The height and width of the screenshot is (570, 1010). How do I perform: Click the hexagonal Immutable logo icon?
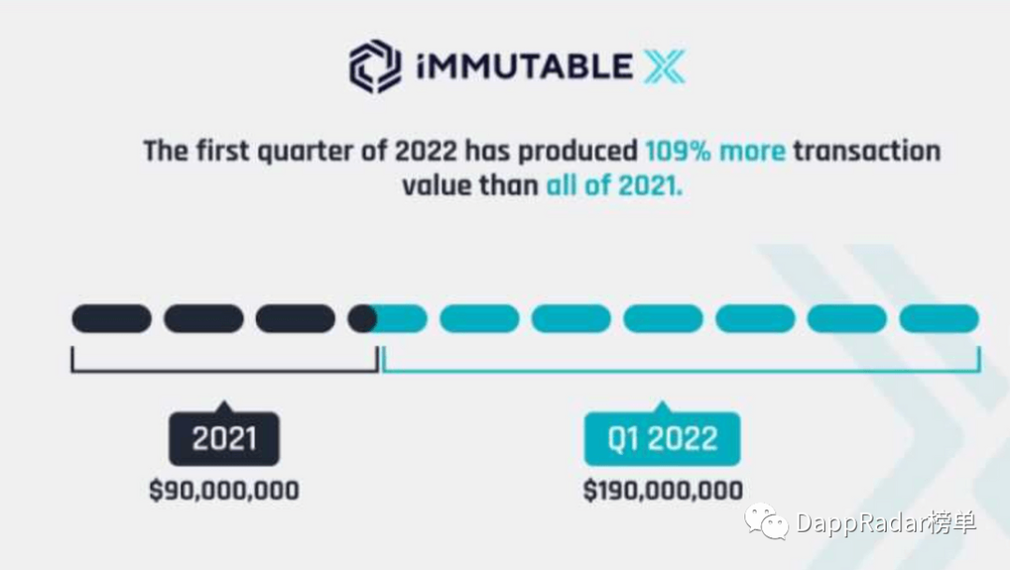[375, 66]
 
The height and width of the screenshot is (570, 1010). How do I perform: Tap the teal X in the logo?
[664, 67]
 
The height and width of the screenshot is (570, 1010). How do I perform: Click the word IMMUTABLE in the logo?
[525, 67]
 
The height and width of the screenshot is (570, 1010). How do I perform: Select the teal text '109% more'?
[715, 151]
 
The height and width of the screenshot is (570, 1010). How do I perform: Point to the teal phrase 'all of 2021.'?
[613, 186]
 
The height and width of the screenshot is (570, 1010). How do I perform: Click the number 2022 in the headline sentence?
[426, 151]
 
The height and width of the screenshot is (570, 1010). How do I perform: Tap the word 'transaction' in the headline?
[867, 151]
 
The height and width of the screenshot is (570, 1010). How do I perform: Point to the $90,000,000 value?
[224, 491]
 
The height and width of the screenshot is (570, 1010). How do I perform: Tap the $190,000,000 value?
[663, 491]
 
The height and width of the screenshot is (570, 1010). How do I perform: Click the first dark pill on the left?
[111, 319]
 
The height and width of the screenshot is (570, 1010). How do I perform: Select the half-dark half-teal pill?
[387, 319]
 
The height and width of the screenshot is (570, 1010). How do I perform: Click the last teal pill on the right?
[939, 319]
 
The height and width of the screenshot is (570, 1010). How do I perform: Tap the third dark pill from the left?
[295, 319]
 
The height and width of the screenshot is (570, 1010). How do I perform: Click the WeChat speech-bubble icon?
[767, 521]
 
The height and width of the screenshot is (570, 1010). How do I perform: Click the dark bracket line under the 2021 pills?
[224, 371]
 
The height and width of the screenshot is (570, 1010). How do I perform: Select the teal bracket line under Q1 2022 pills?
[682, 371]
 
